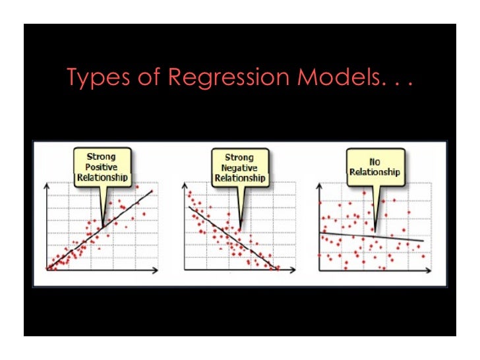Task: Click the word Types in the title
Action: [94, 77]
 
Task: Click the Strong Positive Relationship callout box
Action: [102, 167]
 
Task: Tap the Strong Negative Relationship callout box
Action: [239, 167]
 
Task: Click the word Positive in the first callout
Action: [102, 167]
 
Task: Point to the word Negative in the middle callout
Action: [239, 168]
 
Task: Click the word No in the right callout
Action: [375, 161]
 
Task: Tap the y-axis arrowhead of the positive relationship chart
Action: [46, 187]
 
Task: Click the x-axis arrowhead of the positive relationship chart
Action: [156, 269]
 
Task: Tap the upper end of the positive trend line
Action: [152, 191]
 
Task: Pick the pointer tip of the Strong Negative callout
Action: [240, 228]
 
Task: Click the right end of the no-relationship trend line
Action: [423, 240]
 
